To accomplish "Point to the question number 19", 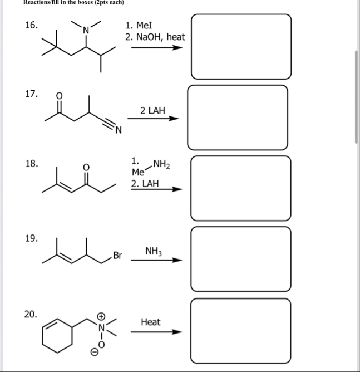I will [x=31, y=238].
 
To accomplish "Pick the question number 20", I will [x=31, y=314].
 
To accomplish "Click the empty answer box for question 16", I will [x=241, y=47].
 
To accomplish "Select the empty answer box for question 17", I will [x=238, y=117].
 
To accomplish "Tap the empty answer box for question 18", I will [x=241, y=188].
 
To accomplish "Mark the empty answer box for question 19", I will [x=241, y=259].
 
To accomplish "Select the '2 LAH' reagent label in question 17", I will [x=152, y=110].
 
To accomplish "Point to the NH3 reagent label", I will [x=154, y=252].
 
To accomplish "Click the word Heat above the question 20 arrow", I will [x=151, y=322].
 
